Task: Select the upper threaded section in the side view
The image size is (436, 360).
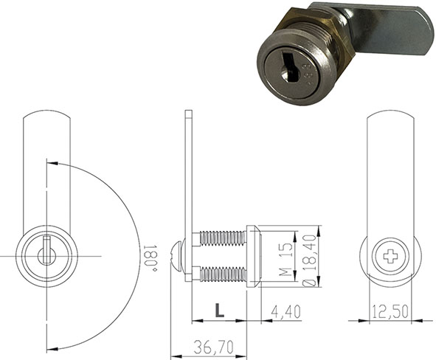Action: coord(223,238)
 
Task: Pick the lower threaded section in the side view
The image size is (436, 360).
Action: coord(223,274)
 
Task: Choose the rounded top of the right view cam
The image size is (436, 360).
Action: coord(390,118)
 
